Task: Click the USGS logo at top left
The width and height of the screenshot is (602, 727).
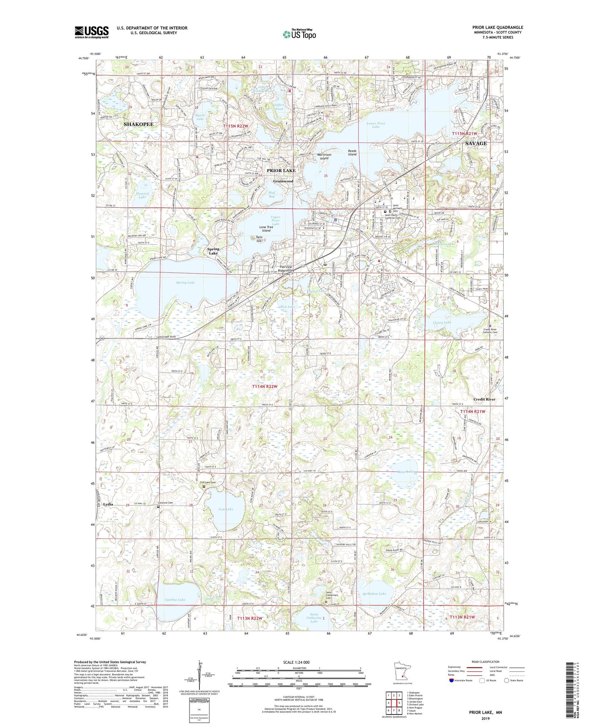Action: [92, 32]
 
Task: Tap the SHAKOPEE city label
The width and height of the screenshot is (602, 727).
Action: [138, 124]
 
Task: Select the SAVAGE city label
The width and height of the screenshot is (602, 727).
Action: [476, 143]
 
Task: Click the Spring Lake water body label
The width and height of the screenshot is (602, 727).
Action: [185, 283]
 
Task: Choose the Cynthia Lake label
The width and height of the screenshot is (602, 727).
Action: [175, 600]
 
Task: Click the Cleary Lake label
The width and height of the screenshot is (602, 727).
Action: [442, 323]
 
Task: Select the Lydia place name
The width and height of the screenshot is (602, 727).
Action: [108, 504]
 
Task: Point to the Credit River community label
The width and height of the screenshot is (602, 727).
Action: [484, 399]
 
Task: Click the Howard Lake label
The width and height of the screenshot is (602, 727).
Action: [142, 195]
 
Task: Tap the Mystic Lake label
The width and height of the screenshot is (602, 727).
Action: [200, 117]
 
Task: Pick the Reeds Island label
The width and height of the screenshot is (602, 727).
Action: [352, 153]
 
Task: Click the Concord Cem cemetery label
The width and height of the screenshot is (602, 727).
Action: [165, 503]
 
